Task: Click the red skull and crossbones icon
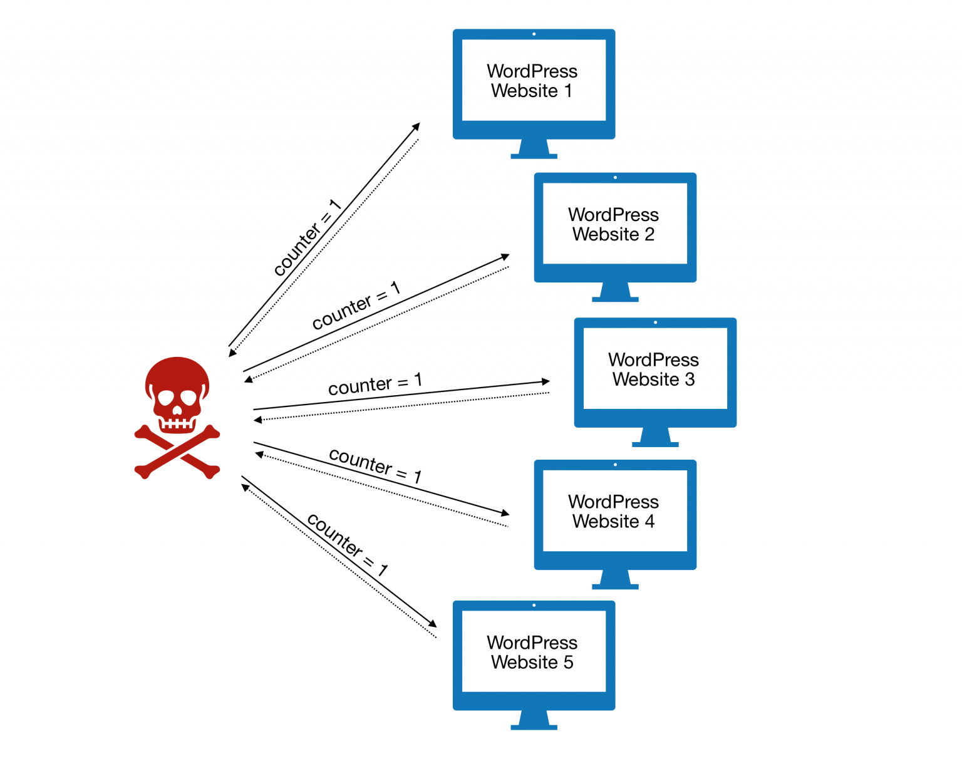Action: click(x=177, y=416)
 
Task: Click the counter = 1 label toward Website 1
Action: click(x=307, y=238)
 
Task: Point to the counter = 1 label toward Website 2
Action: click(x=356, y=306)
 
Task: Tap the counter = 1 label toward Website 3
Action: click(x=375, y=384)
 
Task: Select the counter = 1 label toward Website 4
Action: click(x=375, y=465)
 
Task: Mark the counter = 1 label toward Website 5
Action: click(x=347, y=544)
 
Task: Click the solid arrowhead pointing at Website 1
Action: click(x=416, y=126)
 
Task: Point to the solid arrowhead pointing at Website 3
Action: click(x=546, y=381)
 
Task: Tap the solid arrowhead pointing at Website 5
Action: click(x=432, y=623)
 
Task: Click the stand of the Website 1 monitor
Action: click(x=534, y=150)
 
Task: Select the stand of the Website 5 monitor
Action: click(x=534, y=721)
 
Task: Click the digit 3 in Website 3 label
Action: click(x=690, y=379)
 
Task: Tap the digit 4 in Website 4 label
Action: click(x=649, y=522)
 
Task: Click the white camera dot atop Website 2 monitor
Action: click(x=615, y=178)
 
